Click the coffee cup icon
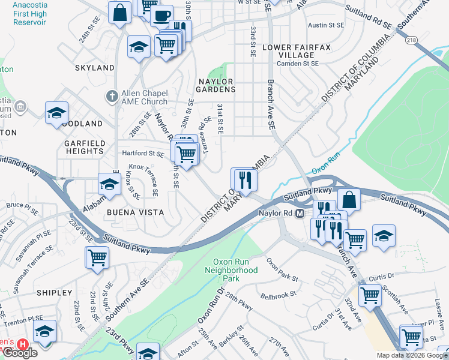point(161,16)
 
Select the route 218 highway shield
point(411,40)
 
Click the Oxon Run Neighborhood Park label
point(235,270)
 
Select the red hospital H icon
point(23,345)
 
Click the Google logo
point(20,353)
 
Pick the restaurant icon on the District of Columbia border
point(244,178)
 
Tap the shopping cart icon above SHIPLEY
point(97,257)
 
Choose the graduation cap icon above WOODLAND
point(56,112)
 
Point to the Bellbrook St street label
point(279,296)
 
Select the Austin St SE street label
point(325,25)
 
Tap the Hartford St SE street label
point(143,154)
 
